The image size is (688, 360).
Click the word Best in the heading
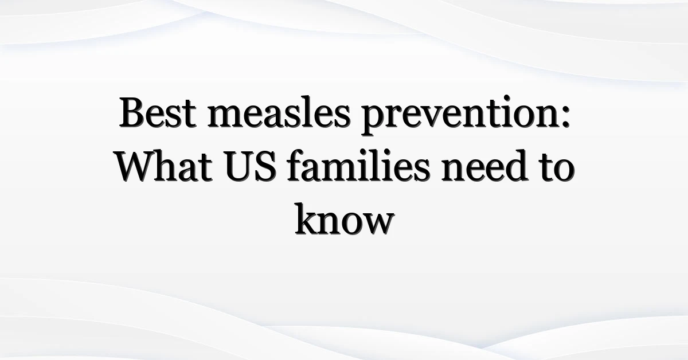[158, 112]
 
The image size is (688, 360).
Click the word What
[164, 166]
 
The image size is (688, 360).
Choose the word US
[250, 166]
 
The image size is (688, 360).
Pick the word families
[358, 165]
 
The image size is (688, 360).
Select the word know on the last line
[345, 219]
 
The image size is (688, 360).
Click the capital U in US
[240, 166]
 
